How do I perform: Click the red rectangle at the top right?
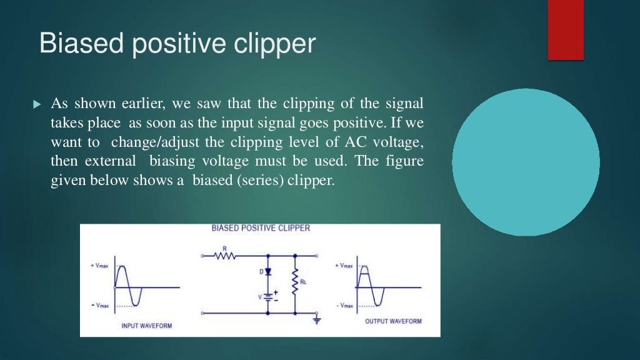(566, 29)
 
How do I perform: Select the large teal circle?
(526, 162)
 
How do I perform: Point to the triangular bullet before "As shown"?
(36, 103)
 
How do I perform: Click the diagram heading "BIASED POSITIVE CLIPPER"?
(261, 228)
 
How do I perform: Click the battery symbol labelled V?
(269, 296)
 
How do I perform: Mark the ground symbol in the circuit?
(317, 321)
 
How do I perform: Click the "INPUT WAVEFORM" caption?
(146, 326)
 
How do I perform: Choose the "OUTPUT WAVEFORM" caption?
(393, 321)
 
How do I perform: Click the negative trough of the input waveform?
(136, 305)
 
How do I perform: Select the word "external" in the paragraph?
(114, 161)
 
